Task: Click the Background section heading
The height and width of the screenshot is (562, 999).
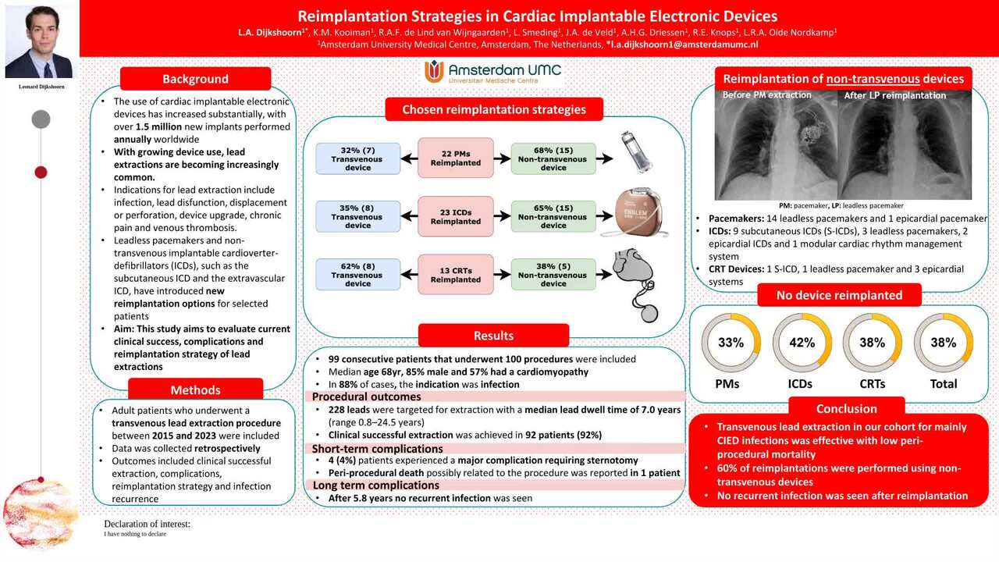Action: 195,79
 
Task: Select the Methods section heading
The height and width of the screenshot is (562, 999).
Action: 195,389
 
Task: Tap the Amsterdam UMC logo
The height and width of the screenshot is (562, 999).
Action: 492,72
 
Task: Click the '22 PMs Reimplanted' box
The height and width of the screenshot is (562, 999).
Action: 455,158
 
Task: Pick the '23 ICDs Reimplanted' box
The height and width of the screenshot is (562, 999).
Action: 455,217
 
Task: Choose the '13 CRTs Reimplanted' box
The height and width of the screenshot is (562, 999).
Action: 455,275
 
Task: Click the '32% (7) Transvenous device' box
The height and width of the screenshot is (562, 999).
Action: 357,158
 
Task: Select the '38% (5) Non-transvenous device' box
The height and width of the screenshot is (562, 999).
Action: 553,275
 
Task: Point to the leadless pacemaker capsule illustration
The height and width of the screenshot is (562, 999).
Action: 637,151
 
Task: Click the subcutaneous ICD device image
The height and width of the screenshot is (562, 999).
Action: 638,212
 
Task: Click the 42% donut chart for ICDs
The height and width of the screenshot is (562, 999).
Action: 802,343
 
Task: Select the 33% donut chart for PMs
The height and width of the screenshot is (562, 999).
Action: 731,343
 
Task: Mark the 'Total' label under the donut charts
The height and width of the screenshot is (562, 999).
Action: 944,384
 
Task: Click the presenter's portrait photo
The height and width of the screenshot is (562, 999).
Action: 39,42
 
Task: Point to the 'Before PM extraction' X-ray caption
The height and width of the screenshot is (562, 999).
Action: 766,95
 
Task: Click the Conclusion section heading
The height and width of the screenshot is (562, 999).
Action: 847,408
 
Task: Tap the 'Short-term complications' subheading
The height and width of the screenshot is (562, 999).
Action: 377,449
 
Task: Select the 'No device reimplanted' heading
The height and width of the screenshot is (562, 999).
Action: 839,295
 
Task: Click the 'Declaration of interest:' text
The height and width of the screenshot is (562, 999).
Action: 148,524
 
